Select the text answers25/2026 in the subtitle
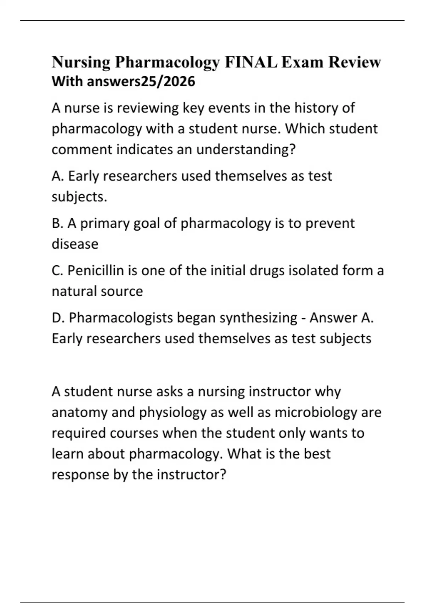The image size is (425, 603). tap(141, 82)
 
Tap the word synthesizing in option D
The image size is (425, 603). tap(258, 318)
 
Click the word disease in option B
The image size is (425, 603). tap(75, 244)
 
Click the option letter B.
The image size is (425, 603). tap(57, 223)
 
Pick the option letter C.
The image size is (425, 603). tap(57, 271)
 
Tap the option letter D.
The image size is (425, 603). tap(57, 318)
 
